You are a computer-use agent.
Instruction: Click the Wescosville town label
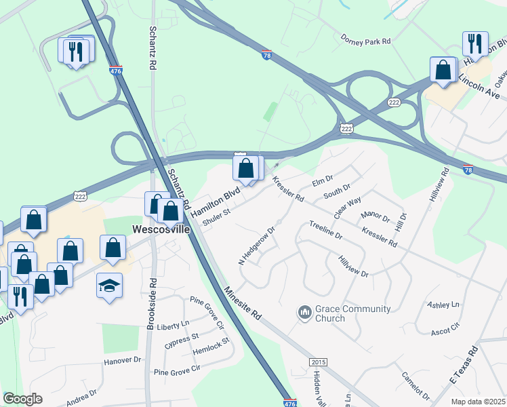pos(161,229)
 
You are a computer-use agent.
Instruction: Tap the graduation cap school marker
pos(109,286)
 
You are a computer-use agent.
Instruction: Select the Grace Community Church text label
pos(352,313)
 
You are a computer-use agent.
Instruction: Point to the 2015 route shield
pos(318,363)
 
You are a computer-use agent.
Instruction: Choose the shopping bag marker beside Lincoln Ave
pos(443,70)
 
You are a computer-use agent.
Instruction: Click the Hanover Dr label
pos(122,360)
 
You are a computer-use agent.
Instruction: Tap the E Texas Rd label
pos(464,366)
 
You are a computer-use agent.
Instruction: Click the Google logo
pos(22,399)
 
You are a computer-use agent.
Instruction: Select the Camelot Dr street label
pos(415,385)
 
